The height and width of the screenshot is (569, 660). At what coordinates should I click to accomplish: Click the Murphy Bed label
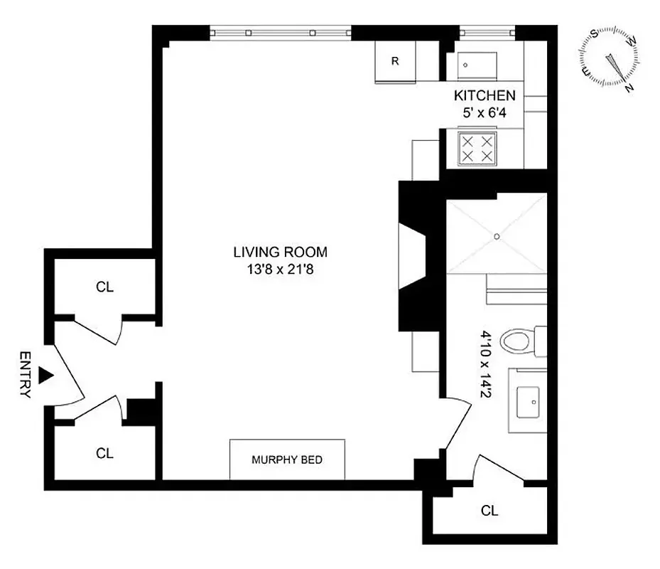click(x=287, y=459)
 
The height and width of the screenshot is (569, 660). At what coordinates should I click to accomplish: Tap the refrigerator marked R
click(x=395, y=61)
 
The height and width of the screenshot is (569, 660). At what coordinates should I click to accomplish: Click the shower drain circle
click(x=497, y=235)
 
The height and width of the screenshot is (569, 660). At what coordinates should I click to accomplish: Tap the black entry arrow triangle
click(x=45, y=375)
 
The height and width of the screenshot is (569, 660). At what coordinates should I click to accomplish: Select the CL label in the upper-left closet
click(x=105, y=287)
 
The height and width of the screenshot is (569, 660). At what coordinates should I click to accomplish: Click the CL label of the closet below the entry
click(x=105, y=453)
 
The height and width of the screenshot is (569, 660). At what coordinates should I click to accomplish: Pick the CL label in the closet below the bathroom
click(x=489, y=510)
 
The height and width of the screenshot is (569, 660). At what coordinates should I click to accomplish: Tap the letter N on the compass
click(x=628, y=88)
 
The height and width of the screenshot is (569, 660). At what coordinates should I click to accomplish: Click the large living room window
click(x=281, y=33)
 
